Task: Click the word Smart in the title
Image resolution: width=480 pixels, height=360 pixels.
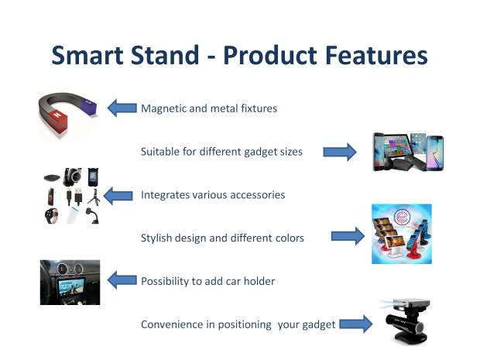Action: [87, 55]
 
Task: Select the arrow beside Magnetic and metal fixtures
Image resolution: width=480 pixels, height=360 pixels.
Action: [122, 108]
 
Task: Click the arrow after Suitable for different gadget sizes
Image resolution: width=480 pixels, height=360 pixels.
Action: [340, 152]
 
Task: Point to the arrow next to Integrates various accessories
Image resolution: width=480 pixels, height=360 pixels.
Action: [118, 196]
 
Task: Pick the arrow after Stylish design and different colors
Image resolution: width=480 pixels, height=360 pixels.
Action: [348, 236]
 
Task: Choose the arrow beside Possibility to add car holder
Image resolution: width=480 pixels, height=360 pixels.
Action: [122, 280]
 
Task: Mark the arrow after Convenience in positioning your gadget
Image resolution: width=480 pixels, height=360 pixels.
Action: [356, 324]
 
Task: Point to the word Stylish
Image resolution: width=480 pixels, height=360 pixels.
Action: [156, 238]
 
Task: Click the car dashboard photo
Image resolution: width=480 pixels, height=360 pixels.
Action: [70, 283]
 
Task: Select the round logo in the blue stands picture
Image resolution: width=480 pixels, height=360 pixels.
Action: [402, 217]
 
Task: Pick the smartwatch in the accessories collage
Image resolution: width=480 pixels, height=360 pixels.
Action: [51, 215]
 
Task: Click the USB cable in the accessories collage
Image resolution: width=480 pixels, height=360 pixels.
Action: [74, 196]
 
